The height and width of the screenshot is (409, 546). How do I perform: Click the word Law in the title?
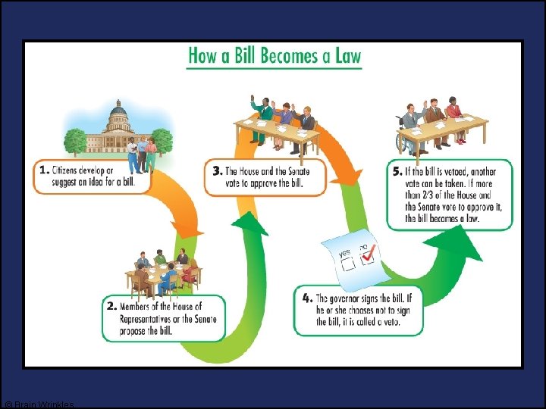(346, 56)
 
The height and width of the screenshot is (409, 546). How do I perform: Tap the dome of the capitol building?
(120, 113)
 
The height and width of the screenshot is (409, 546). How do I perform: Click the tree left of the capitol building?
(75, 141)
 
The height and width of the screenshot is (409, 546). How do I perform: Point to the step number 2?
(111, 307)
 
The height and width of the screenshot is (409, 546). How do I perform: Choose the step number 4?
(305, 298)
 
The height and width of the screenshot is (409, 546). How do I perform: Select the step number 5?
(398, 171)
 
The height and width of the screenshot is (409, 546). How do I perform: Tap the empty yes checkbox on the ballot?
(350, 266)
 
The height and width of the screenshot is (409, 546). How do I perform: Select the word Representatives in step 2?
(150, 319)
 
